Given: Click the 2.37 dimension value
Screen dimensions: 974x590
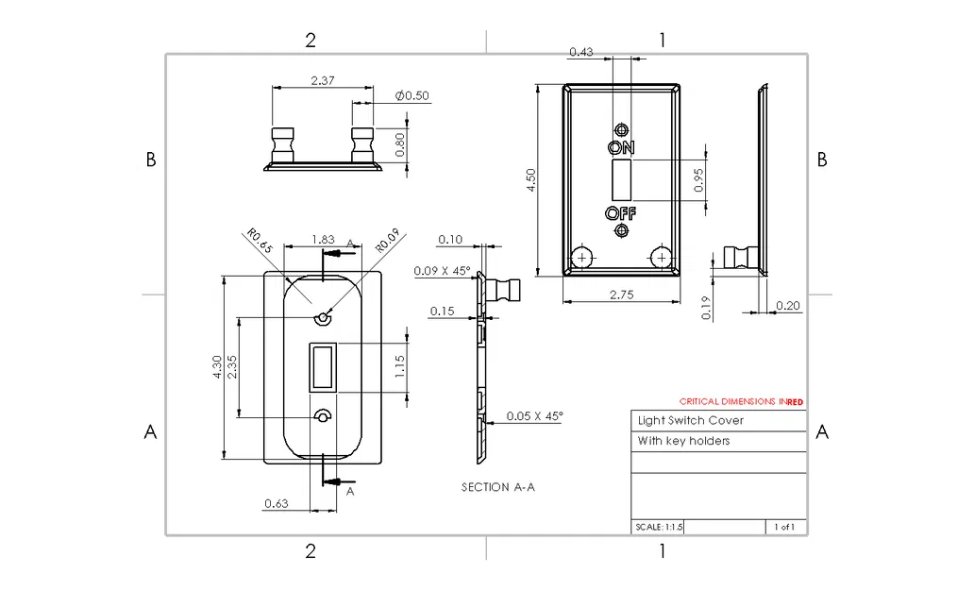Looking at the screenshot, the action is [x=323, y=81].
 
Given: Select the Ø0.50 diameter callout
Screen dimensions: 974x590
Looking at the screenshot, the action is [x=411, y=95].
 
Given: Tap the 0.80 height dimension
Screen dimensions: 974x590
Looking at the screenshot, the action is [x=400, y=144].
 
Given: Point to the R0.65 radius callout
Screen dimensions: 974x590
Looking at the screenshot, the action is [x=260, y=241].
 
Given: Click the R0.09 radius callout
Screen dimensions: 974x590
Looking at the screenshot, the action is [x=388, y=241].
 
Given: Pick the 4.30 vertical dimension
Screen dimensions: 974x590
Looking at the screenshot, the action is [x=217, y=367].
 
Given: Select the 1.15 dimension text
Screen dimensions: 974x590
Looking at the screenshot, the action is [x=400, y=366].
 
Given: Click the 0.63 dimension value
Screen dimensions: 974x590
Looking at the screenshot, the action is [x=276, y=503].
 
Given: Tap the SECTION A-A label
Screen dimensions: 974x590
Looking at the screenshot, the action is [x=498, y=487].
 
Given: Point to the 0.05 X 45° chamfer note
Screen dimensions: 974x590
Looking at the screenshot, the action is [x=534, y=415].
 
